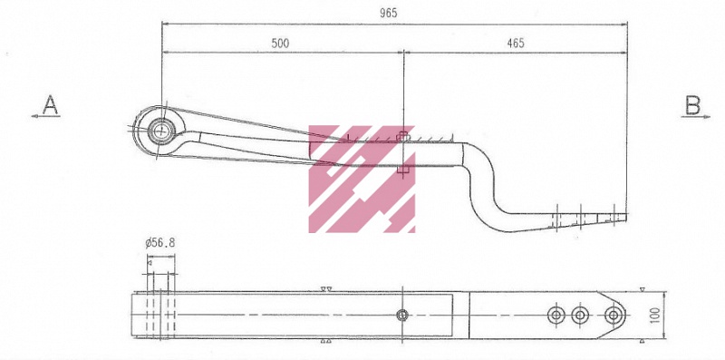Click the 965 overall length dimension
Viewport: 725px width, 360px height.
(389, 13)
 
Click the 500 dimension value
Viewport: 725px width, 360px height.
(280, 43)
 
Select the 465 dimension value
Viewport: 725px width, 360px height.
(516, 43)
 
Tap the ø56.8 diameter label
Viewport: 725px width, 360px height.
(160, 242)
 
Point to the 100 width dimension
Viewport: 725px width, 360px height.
(655, 316)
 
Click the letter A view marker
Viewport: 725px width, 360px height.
(50, 104)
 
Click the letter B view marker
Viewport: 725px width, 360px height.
(692, 105)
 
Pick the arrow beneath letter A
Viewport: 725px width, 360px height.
(46, 116)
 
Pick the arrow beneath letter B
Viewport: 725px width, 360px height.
(695, 117)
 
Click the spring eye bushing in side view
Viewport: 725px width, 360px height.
(161, 130)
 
